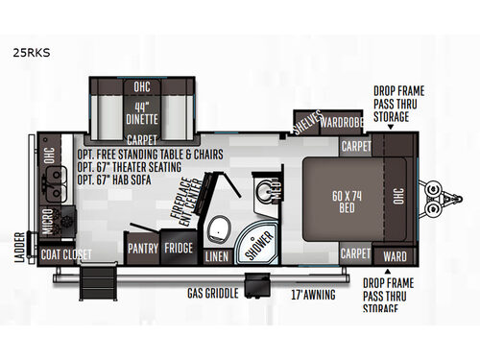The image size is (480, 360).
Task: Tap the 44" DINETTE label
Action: (x=141, y=112)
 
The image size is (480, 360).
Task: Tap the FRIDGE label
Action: (x=179, y=248)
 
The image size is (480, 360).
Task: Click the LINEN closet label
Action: (x=216, y=256)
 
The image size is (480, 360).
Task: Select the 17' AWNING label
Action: (x=314, y=294)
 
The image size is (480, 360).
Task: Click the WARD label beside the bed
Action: (x=395, y=256)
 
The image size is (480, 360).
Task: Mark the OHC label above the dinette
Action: (x=141, y=86)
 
